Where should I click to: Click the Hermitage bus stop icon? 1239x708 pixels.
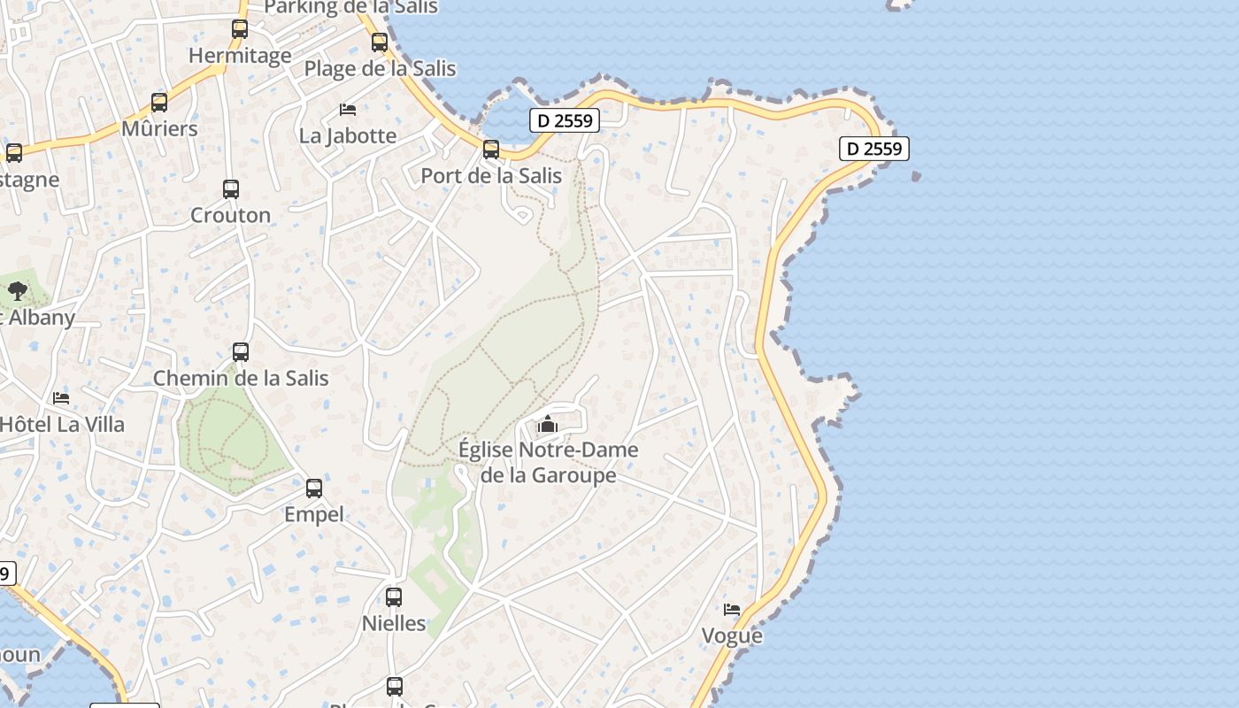240,28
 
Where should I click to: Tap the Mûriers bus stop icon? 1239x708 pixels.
159,103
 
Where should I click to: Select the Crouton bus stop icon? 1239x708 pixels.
231,189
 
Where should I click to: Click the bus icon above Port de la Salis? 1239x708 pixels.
491,150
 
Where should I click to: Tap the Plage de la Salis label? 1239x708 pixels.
380,68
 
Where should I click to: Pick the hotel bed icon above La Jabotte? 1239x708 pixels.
348,110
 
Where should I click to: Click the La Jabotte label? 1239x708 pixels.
348,135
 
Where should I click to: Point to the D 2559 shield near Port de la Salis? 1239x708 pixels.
565,120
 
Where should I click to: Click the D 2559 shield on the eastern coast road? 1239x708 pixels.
874,149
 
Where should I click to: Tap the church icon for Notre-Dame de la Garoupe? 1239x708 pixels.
548,425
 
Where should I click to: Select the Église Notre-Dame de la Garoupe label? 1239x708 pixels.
548,462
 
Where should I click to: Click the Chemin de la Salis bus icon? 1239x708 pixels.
241,352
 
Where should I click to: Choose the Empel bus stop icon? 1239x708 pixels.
314,489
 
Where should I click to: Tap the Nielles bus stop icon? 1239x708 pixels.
394,597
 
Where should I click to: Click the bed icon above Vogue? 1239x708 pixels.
732,610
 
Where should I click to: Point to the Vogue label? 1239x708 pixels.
732,635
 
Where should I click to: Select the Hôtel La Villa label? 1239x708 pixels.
62,424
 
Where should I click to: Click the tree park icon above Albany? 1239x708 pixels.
18,290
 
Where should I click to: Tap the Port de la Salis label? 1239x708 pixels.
491,175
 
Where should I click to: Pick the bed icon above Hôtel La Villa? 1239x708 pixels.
61,398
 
